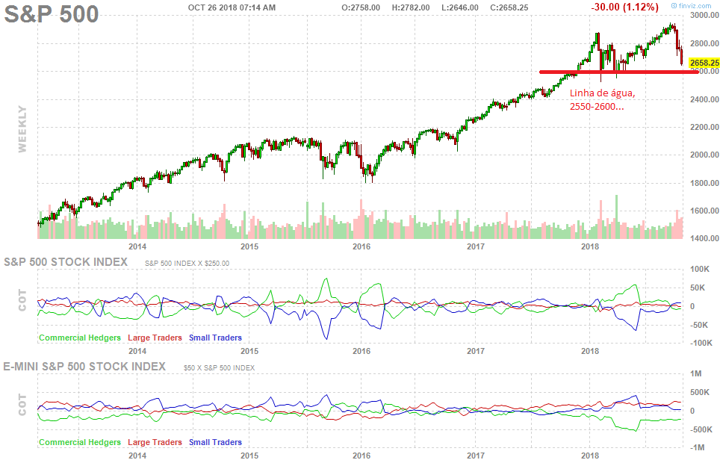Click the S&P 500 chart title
tap(52, 14)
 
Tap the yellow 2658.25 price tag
tap(704, 63)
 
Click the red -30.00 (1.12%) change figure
tap(624, 7)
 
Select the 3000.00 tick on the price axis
tap(704, 15)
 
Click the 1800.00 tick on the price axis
tap(704, 183)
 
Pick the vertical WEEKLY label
tap(22, 128)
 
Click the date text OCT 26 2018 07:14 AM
tap(232, 7)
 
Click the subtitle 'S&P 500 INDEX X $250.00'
tap(187, 263)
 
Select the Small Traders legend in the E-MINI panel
tap(215, 442)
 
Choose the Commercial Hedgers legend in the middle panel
tap(80, 338)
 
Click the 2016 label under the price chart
tap(362, 246)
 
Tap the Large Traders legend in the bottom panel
tap(155, 442)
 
